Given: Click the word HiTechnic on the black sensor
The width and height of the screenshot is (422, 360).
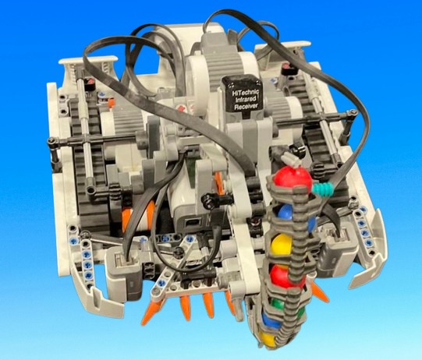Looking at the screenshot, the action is (245, 94).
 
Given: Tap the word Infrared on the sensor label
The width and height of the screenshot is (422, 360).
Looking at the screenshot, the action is (246, 100).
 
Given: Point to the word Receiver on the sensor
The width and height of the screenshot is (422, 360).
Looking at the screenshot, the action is (246, 107).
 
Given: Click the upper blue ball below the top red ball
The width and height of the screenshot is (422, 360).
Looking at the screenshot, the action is (285, 211).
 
